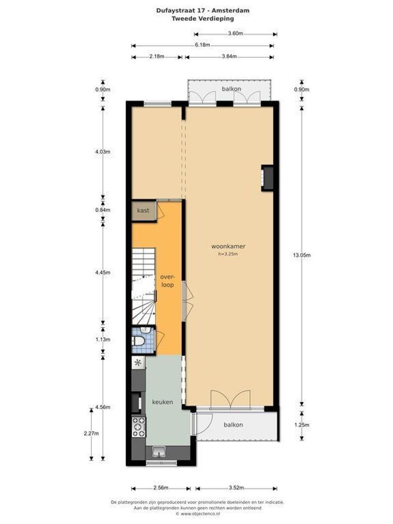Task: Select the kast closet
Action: point(143,211)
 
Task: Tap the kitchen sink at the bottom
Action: point(159,453)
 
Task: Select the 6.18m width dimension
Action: point(202,45)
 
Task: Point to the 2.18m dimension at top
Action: point(156,57)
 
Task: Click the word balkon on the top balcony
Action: point(231,89)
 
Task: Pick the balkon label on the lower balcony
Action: point(233,425)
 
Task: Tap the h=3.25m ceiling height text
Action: point(228,253)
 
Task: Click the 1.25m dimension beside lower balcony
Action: point(302,425)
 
